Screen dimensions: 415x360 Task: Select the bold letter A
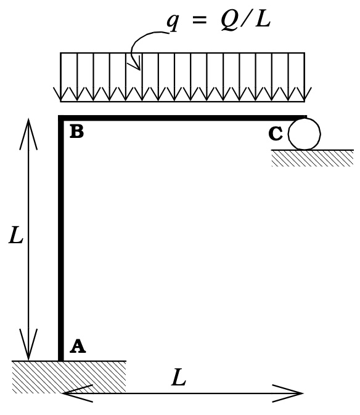click(77, 347)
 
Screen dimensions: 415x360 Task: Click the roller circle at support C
click(305, 134)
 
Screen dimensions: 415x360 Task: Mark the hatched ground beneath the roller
click(312, 158)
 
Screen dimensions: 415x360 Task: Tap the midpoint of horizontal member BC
click(183, 117)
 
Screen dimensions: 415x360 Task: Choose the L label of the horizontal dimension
click(178, 377)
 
